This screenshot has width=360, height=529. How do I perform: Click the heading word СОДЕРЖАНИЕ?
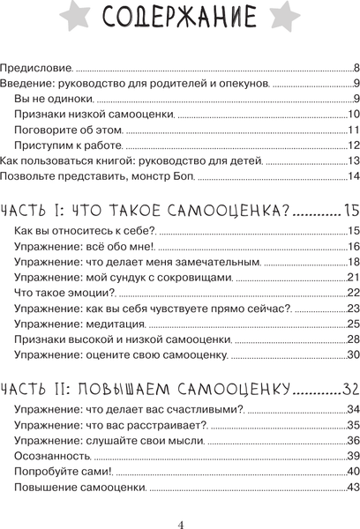click(x=180, y=19)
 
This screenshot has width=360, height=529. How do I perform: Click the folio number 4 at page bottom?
click(x=180, y=523)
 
